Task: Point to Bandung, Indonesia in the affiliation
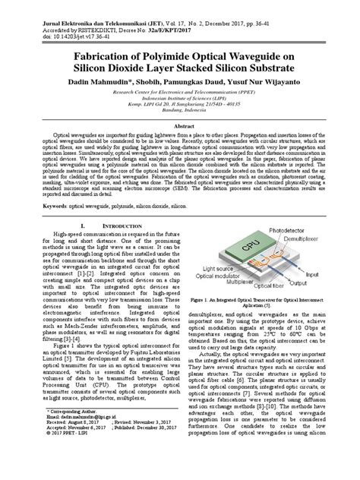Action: (x=179, y=111)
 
